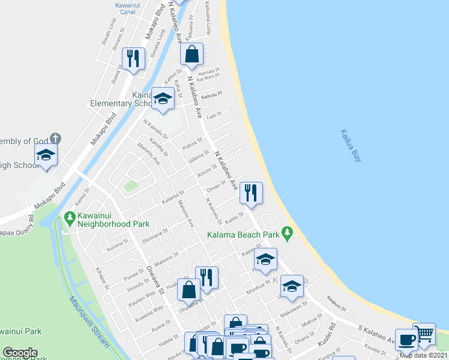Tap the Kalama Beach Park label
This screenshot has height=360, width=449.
(244, 234)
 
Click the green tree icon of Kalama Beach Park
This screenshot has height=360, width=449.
(287, 232)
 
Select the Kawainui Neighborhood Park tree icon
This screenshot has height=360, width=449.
(70, 217)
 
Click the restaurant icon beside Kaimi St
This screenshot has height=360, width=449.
(251, 193)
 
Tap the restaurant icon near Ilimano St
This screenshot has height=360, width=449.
(132, 59)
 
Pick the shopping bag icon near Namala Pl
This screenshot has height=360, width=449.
(191, 54)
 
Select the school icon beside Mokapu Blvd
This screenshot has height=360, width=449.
(46, 155)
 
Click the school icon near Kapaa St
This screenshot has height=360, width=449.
(265, 259)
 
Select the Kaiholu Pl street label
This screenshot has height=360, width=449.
(212, 95)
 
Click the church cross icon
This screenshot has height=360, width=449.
(56, 139)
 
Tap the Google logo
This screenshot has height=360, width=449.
(20, 353)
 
